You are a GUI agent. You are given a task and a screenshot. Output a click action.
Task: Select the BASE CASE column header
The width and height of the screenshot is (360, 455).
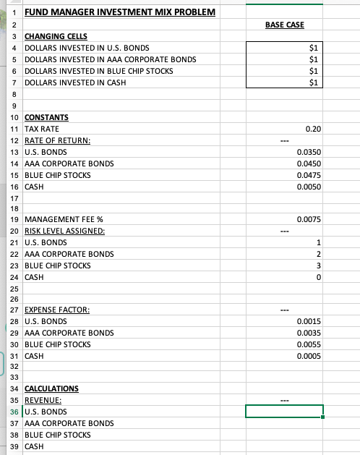point(284,25)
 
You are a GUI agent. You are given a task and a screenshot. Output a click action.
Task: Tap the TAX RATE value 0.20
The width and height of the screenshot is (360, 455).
point(313,128)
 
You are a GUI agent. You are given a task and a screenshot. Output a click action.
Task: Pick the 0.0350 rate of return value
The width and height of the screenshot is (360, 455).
point(309,152)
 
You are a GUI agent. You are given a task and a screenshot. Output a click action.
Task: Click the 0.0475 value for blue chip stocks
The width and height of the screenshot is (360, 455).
point(309,175)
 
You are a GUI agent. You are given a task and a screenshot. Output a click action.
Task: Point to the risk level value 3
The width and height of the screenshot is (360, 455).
point(318,265)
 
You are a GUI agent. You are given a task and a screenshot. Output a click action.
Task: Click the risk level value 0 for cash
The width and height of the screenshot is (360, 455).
point(318,277)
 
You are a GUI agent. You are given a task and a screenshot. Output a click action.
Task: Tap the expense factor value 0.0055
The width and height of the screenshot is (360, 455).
point(309,344)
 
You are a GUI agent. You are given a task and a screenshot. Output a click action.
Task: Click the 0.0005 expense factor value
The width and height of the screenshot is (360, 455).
point(309,356)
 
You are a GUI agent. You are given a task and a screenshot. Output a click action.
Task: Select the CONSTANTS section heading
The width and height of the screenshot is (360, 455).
point(46,116)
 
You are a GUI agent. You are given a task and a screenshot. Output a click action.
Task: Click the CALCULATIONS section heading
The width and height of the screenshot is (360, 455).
point(52,388)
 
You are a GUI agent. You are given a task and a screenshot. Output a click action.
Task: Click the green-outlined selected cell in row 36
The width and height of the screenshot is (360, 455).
point(284,412)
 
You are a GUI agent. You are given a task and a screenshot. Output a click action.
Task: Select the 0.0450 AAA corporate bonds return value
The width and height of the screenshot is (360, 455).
point(309,163)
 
